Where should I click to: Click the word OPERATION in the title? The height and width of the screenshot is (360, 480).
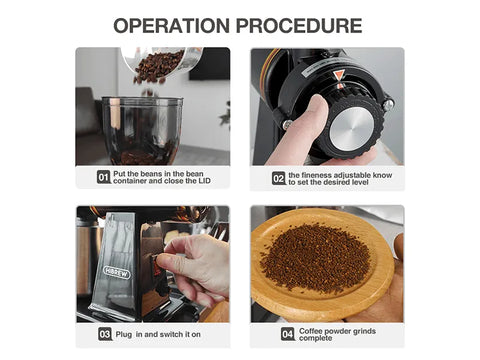(172, 26)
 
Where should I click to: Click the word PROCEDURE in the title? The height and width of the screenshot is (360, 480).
(299, 26)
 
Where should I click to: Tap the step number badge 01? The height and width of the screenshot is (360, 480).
(104, 177)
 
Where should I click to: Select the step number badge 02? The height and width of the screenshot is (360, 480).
(279, 178)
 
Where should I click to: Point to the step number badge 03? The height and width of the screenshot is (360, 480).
(105, 334)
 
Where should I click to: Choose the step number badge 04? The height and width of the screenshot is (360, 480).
(287, 334)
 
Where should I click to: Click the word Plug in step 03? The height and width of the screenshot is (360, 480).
(124, 334)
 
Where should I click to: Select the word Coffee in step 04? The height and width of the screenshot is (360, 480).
(311, 331)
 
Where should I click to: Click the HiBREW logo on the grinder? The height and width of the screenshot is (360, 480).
(117, 272)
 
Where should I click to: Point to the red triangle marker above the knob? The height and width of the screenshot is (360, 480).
(339, 75)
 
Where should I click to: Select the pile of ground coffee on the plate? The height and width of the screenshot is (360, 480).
(314, 257)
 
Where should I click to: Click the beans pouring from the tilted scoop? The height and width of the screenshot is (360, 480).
(157, 68)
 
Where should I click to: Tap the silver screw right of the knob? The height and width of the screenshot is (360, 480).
(388, 105)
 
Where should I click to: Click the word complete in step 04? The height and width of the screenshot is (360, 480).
(316, 338)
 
